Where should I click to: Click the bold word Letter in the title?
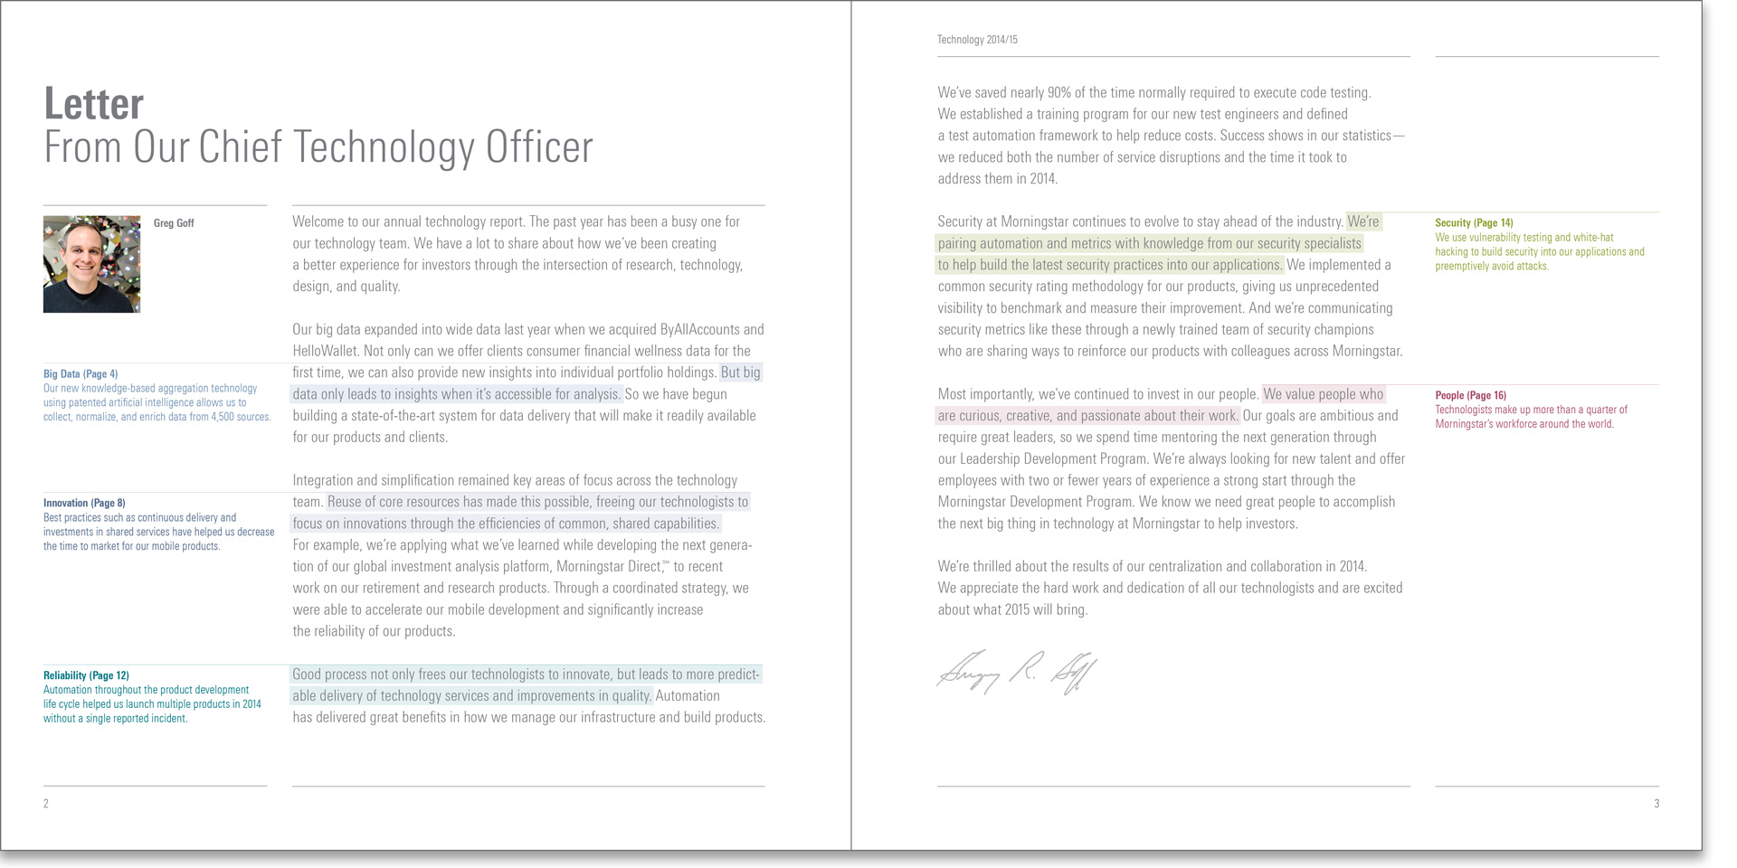[94, 104]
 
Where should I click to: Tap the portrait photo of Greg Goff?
[91, 264]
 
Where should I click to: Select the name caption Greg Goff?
[174, 223]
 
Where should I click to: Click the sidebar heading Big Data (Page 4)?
[81, 374]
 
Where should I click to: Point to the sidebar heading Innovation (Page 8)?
[84, 504]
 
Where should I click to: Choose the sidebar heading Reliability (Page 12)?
[86, 675]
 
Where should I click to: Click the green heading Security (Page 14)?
[1474, 223]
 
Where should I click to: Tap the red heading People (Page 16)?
[1470, 396]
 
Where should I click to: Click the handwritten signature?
[1017, 672]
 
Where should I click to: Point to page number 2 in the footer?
[46, 804]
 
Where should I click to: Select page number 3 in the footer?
[1656, 804]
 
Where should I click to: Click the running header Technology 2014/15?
[977, 40]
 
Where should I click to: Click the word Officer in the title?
[539, 147]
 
